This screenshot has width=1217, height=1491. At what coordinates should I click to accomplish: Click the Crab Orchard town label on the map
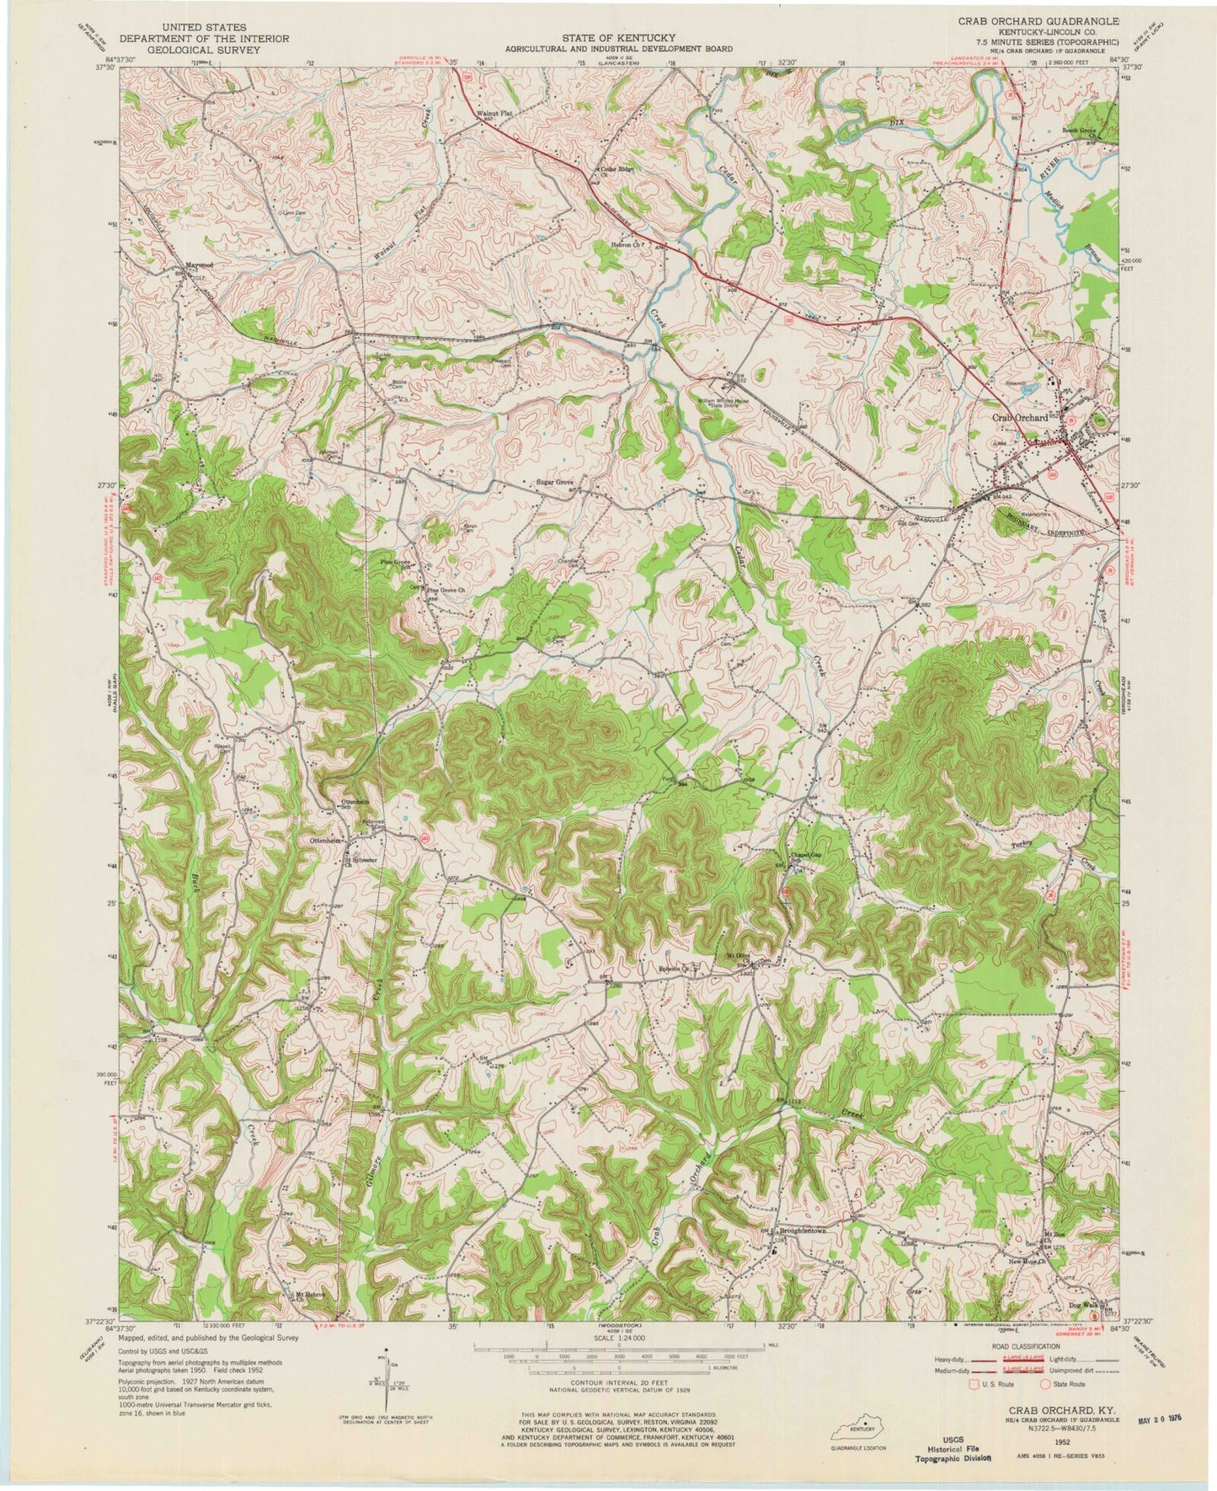click(x=1019, y=417)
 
